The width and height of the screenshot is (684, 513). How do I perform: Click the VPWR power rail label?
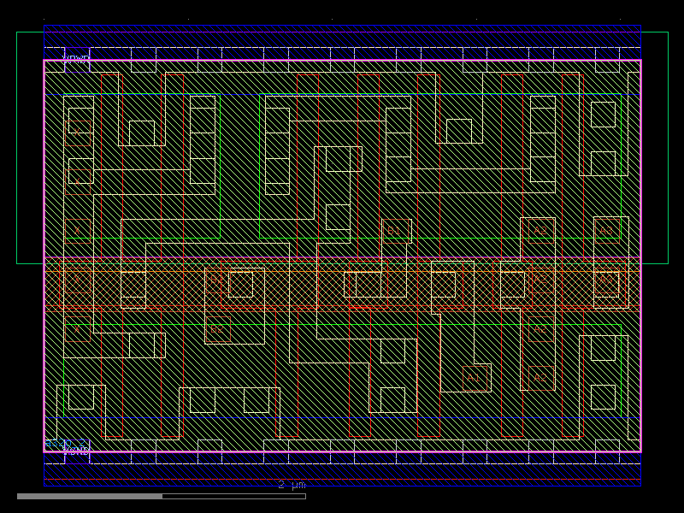click(76, 59)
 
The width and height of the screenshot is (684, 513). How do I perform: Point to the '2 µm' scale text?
click(292, 485)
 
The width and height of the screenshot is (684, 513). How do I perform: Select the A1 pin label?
click(473, 377)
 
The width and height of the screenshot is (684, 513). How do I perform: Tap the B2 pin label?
click(216, 329)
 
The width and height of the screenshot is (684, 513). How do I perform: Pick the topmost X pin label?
click(76, 131)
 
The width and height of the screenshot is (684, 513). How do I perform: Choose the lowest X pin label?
click(76, 329)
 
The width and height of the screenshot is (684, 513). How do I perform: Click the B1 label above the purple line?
click(394, 230)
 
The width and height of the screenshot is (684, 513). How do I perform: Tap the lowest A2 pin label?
click(540, 377)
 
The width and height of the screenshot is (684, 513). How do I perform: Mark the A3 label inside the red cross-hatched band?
click(606, 280)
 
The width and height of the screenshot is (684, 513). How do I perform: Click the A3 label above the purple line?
click(606, 230)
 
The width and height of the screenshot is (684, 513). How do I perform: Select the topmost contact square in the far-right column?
click(603, 114)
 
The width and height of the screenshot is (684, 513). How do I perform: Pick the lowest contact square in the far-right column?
click(603, 397)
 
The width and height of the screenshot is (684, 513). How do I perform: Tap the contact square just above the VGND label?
click(80, 397)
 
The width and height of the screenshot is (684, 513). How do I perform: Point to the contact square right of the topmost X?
click(141, 133)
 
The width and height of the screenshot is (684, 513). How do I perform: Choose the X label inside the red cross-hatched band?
click(76, 280)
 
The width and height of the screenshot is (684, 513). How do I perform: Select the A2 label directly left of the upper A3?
click(540, 230)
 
